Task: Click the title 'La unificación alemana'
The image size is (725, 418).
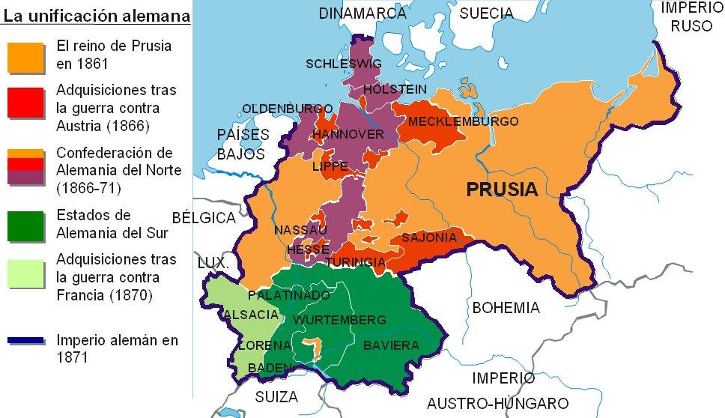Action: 95,14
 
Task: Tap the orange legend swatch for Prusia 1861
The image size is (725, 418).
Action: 25,56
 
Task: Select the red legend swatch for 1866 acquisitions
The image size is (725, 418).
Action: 25,103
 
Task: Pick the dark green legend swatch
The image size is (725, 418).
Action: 25,225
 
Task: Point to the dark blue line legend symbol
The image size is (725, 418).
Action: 25,341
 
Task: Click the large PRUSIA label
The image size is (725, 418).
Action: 502,190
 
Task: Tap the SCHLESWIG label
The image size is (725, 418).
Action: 344,64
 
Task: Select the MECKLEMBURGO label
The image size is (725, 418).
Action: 453,121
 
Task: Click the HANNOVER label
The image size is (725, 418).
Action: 348,134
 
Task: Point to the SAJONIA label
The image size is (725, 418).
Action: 429,237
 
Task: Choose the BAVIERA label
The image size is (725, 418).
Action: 391,345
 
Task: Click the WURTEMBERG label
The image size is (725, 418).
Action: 330,320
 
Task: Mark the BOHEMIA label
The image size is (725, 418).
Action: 506,308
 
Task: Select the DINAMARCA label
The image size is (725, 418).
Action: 356,13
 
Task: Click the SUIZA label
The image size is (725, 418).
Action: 276,396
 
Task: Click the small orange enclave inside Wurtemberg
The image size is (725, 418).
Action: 316,346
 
